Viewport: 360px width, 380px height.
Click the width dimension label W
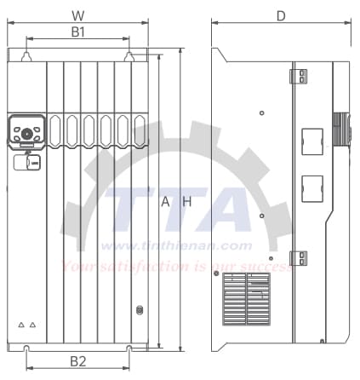click(78, 15)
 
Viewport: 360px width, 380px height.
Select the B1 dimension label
click(78, 32)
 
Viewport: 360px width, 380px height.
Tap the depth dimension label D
click(280, 15)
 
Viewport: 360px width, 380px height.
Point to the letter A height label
click(166, 202)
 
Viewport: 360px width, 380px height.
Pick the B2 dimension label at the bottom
click(78, 361)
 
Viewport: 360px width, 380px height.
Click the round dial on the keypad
click(27, 133)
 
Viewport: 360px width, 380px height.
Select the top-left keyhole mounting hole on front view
click(27, 56)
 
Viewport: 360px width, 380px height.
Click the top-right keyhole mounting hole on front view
click(129, 56)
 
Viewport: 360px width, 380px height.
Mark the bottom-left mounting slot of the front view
click(27, 348)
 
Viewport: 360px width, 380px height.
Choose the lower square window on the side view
click(312, 187)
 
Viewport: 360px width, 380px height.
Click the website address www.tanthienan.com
click(176, 246)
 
